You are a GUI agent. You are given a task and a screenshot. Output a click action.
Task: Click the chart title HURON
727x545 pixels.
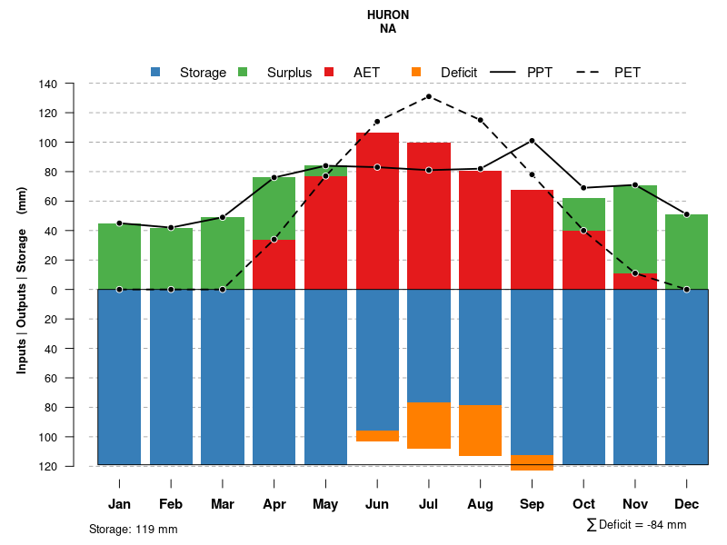[x=388, y=15]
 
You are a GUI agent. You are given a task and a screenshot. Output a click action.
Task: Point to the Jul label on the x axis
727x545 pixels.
[x=428, y=504]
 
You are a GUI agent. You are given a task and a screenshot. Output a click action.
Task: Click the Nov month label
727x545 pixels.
[x=634, y=504]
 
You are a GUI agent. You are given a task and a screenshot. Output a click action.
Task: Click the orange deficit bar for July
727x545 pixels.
[x=429, y=425]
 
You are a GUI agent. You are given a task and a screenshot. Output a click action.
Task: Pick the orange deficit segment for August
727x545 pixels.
[x=480, y=431]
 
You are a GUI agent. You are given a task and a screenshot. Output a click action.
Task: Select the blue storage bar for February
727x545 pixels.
[x=171, y=377]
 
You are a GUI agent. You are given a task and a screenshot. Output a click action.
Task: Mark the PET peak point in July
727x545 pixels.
[x=429, y=96]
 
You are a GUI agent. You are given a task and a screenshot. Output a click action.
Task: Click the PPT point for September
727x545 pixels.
[x=532, y=141]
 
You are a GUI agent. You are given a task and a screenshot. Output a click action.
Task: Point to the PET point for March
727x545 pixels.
[x=223, y=290]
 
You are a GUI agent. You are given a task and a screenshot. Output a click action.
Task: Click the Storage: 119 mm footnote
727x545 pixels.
[x=133, y=529]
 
